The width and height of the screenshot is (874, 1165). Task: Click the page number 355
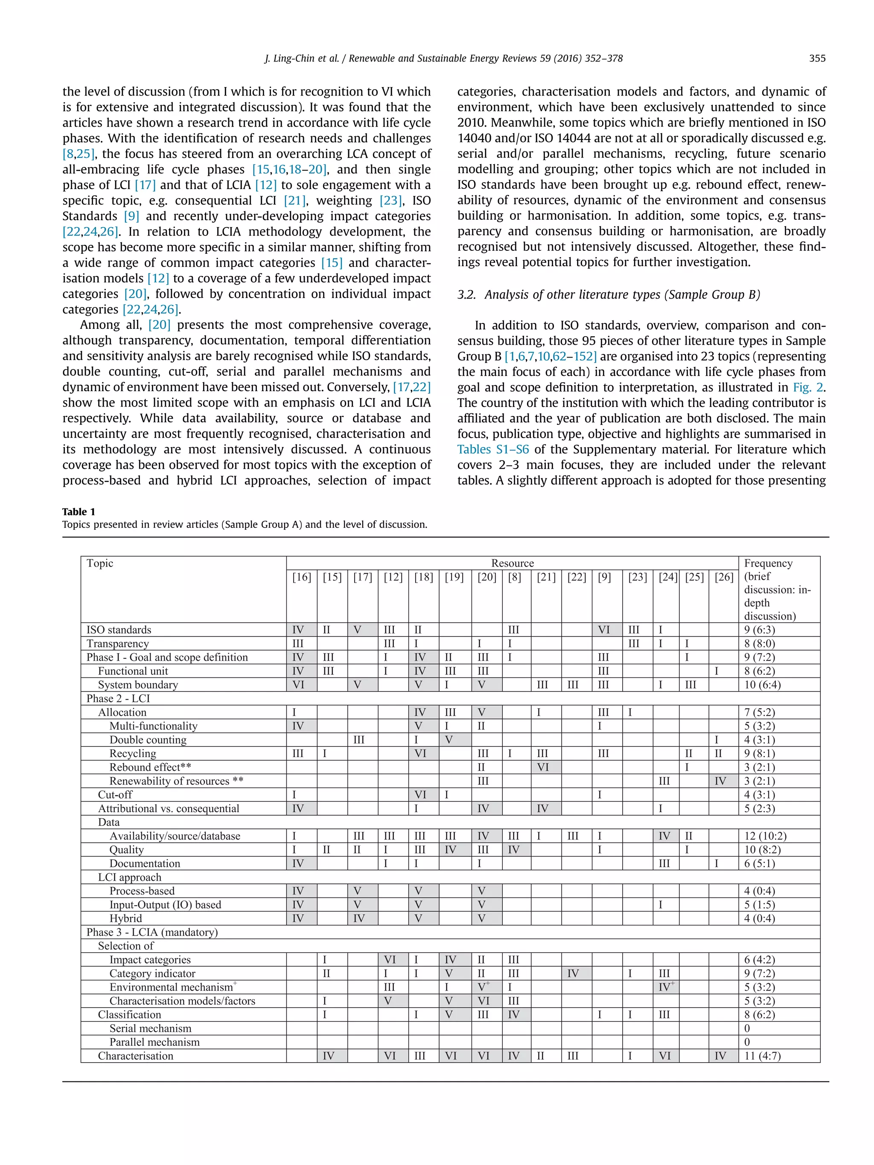click(817, 58)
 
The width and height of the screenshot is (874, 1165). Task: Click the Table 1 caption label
click(79, 511)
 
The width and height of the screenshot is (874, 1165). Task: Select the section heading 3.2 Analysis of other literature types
click(609, 294)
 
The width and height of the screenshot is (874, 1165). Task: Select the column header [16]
click(302, 577)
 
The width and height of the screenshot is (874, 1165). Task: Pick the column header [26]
click(723, 577)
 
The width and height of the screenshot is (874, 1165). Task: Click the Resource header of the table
click(512, 563)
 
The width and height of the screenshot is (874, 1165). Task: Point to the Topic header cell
click(100, 563)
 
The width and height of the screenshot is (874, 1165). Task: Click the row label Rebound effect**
click(150, 767)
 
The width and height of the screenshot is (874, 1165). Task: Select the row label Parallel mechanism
click(154, 1042)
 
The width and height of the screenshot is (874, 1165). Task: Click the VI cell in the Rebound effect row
click(543, 767)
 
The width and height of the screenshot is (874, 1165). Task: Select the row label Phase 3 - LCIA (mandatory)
click(152, 932)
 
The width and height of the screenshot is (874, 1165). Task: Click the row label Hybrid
click(125, 918)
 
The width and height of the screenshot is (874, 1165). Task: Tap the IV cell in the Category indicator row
click(573, 973)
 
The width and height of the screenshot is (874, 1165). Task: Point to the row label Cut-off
click(115, 794)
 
